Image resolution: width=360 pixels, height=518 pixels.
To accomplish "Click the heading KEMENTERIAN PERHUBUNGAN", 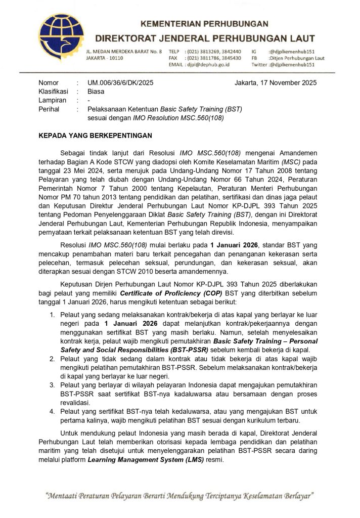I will (x=204, y=24).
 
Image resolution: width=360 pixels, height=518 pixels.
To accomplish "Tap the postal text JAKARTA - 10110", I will (x=104, y=58).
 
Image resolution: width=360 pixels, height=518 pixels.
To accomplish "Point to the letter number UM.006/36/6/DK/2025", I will (x=120, y=83).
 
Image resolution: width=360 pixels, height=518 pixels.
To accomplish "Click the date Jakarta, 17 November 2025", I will (x=276, y=83).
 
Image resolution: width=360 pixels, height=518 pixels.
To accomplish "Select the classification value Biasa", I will (x=96, y=92).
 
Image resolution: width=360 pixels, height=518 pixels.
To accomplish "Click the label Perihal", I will (x=49, y=109).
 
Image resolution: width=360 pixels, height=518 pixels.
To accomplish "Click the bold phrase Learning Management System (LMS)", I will (x=146, y=460).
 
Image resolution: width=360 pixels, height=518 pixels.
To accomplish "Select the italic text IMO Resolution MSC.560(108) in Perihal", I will (x=178, y=117).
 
